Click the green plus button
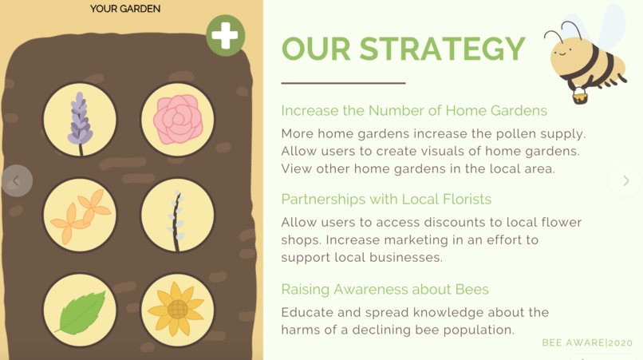click(225, 36)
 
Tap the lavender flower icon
click(80, 120)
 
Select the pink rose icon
click(178, 120)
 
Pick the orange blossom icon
click(80, 215)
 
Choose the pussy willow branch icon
click(178, 215)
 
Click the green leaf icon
click(80, 310)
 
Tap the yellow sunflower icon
click(178, 310)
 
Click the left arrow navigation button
click(17, 181)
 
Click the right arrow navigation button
click(625, 181)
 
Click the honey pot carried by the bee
click(580, 96)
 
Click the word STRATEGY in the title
click(442, 49)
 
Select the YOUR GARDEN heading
click(125, 9)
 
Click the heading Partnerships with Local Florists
click(386, 199)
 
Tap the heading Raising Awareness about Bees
click(385, 289)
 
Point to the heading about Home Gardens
click(414, 110)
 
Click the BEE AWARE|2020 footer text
click(587, 342)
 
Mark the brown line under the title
click(343, 83)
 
